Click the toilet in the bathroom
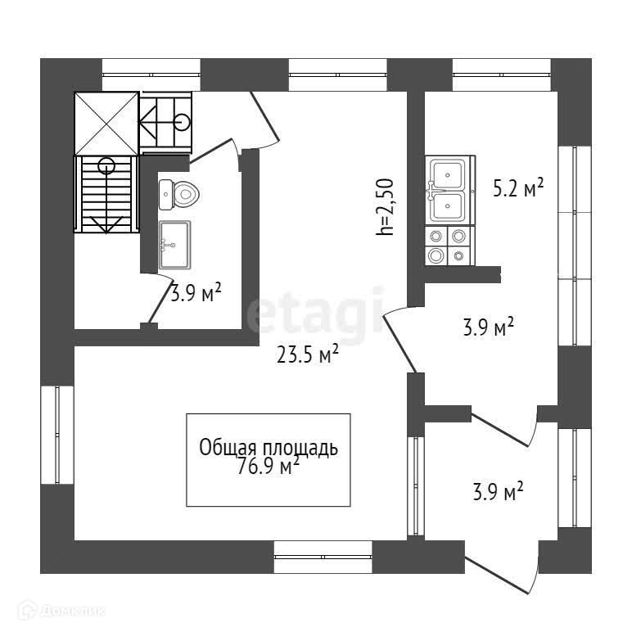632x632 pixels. [182, 194]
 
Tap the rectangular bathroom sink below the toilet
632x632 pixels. [174, 244]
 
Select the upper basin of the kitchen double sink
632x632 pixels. [449, 173]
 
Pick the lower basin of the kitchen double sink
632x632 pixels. [449, 205]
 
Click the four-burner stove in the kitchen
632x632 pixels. [449, 246]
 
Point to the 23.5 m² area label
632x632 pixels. [306, 354]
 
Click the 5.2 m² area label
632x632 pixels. [518, 189]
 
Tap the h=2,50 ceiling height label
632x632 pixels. [385, 207]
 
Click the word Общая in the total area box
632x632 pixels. [228, 448]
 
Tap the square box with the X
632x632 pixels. [106, 123]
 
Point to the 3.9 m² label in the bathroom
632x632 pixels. [196, 293]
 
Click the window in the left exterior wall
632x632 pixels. [57, 435]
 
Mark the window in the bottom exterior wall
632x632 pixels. [323, 557]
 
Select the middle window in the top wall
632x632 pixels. [337, 74]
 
